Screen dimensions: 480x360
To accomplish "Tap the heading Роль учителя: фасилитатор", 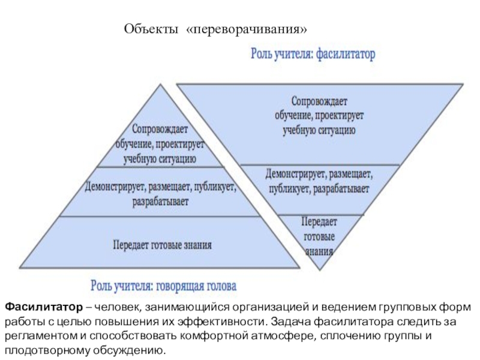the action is pyautogui.click(x=312, y=55).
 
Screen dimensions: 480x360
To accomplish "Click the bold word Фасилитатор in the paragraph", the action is pyautogui.click(x=42, y=308).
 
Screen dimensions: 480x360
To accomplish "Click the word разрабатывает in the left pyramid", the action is pyautogui.click(x=160, y=202).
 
